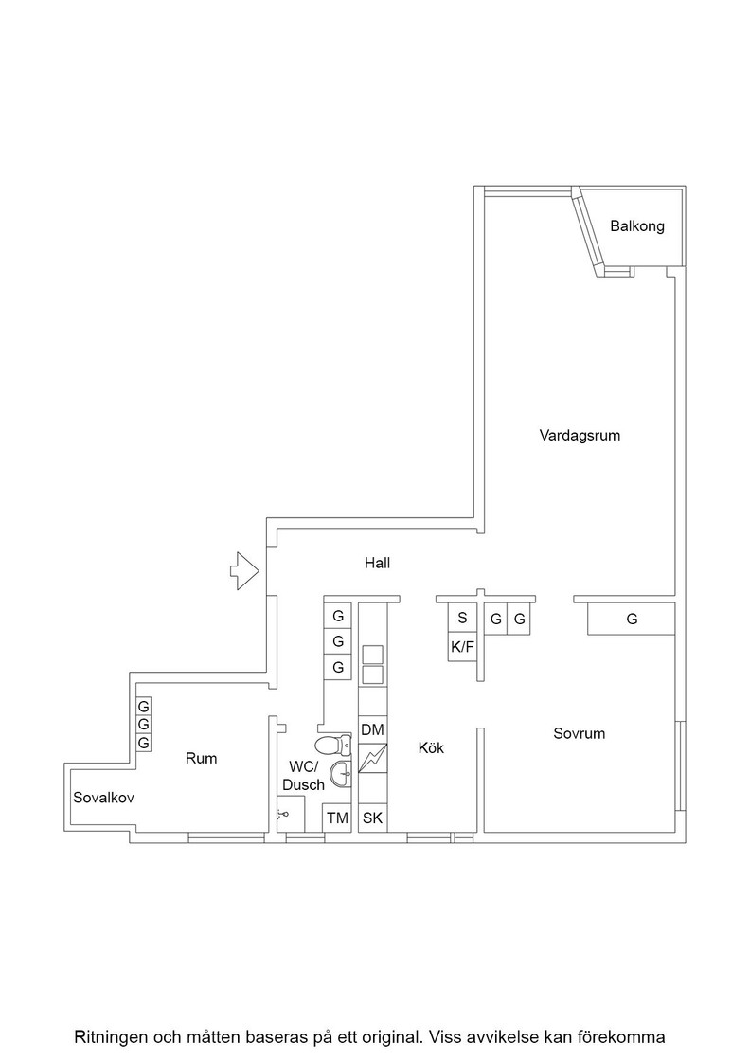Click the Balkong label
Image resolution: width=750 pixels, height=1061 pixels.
tap(637, 226)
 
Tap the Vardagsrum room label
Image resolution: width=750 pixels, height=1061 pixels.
tap(580, 435)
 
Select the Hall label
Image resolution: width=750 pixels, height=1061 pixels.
tap(377, 563)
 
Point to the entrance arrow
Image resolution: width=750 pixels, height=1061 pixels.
tap(245, 570)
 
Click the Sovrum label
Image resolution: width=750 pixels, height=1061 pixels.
tap(579, 733)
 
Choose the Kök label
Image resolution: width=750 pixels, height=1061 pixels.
tap(431, 747)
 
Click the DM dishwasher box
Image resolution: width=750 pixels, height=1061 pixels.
tap(373, 730)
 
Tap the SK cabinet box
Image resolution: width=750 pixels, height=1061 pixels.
tap(373, 818)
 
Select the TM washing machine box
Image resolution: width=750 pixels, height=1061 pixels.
tap(337, 818)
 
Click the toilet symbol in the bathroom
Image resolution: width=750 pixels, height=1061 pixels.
tap(333, 745)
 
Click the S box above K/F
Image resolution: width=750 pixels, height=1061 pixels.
tap(462, 618)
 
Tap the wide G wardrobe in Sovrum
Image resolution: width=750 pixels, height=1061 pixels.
tap(631, 619)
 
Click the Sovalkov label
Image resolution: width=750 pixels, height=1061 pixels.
tap(103, 797)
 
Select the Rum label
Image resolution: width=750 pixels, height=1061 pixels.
tap(202, 759)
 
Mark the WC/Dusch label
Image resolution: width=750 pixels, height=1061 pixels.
tap(304, 776)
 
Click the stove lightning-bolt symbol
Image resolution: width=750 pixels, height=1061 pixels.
tap(373, 759)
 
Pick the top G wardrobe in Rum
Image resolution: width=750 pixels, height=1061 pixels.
tap(143, 707)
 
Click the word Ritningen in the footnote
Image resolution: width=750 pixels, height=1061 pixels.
tap(108, 1037)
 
